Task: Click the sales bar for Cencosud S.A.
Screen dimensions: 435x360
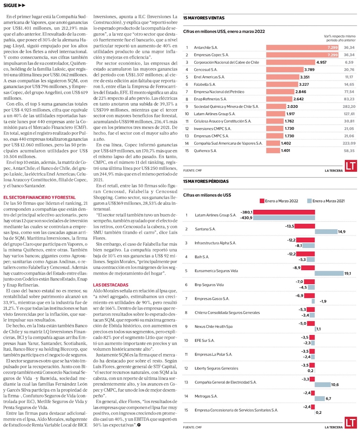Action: point(284,69)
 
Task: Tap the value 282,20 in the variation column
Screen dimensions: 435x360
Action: point(349,106)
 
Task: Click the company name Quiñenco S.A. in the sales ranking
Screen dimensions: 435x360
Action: point(206,151)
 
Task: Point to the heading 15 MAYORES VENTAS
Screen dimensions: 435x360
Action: point(204,18)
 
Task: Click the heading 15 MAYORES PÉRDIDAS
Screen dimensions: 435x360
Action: point(206,181)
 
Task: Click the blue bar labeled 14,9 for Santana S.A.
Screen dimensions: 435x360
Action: point(326,232)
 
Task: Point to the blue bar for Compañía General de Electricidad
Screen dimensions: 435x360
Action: point(323,385)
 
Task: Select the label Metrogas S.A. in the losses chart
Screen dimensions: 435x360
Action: point(206,396)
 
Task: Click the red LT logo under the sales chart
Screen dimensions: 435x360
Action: point(351,166)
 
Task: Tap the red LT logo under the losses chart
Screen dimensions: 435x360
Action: point(351,423)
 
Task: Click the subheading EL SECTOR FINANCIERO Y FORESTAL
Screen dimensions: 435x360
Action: point(40,197)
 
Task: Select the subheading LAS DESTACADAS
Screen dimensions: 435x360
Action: point(111,285)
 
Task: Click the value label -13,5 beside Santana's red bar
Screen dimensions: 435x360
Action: point(289,226)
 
